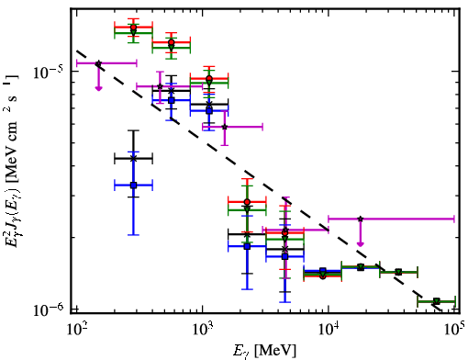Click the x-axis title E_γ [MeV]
pos(264,351)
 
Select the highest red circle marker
pos(133,27)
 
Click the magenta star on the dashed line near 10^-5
pos(98,63)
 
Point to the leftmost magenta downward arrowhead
pos(98,88)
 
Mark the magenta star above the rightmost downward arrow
pos(361,219)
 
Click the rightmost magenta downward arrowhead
pos(361,243)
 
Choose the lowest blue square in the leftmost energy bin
pos(133,186)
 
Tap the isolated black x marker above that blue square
pos(133,159)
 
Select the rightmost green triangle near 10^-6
pos(437,301)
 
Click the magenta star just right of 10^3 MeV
pos(225,127)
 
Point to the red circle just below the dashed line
pos(247,202)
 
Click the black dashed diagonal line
pos(259,181)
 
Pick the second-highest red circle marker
pos(172,42)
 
